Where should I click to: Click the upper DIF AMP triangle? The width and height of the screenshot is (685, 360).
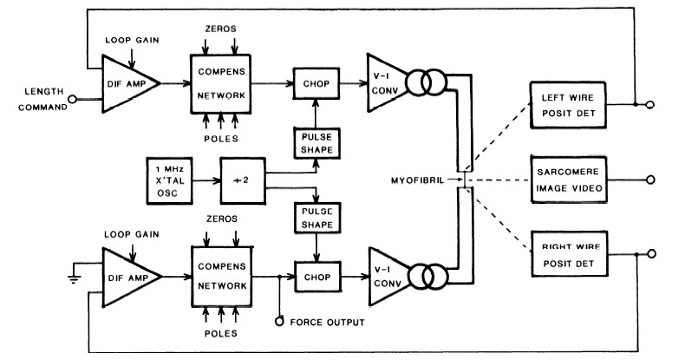click(x=127, y=83)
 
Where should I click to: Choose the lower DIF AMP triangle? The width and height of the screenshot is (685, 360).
click(x=127, y=278)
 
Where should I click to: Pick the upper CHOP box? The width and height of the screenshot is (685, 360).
click(x=314, y=84)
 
